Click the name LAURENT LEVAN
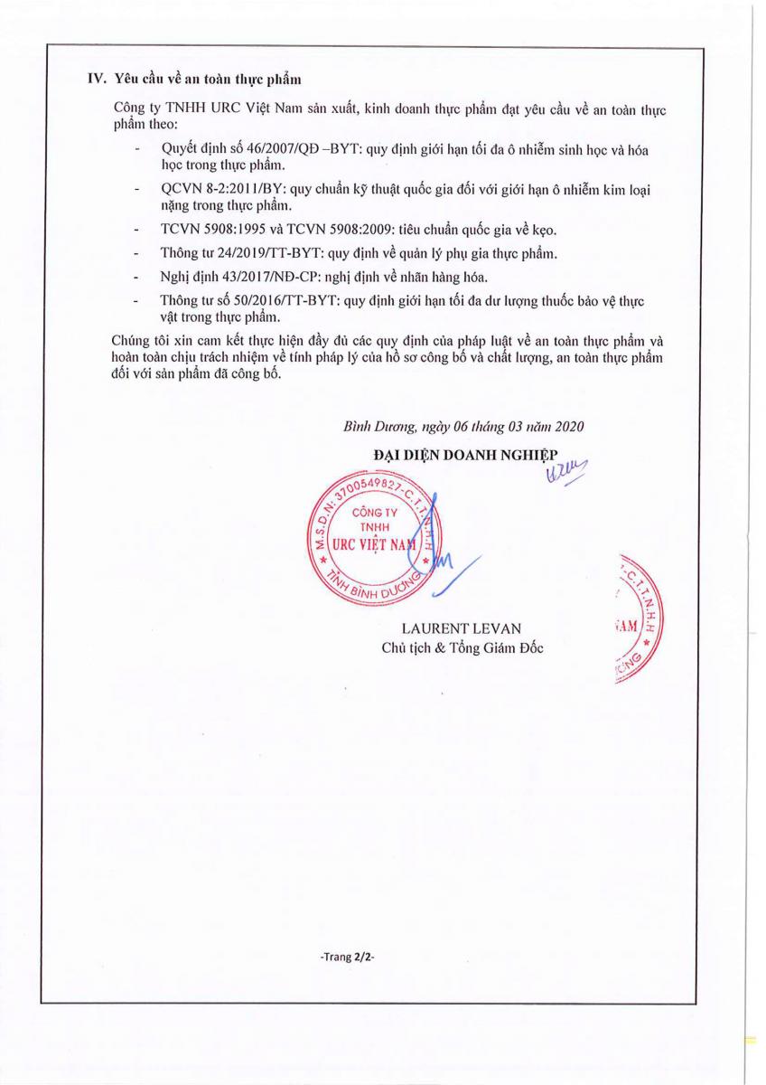[462, 628]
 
